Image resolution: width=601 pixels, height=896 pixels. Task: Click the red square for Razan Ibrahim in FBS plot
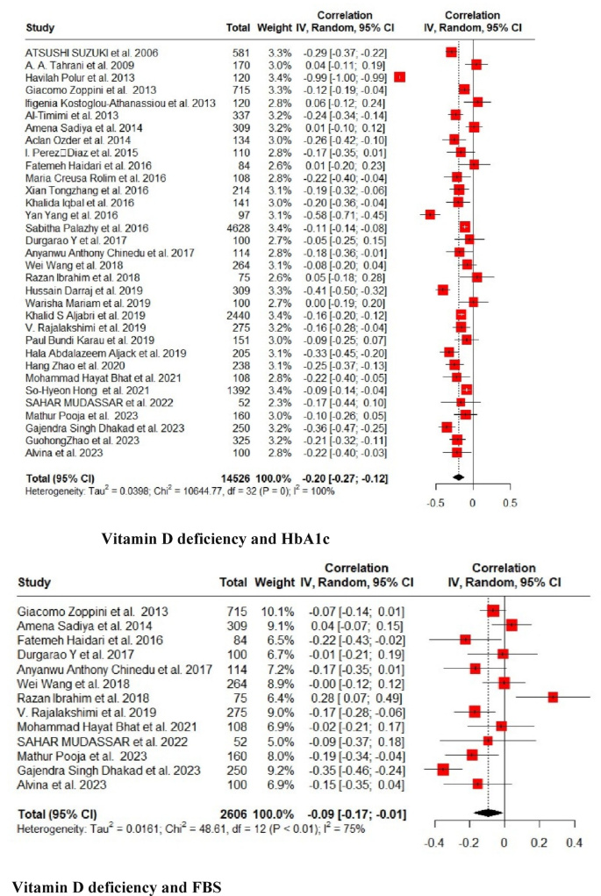(553, 697)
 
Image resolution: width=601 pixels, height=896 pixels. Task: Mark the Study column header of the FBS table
(33, 582)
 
